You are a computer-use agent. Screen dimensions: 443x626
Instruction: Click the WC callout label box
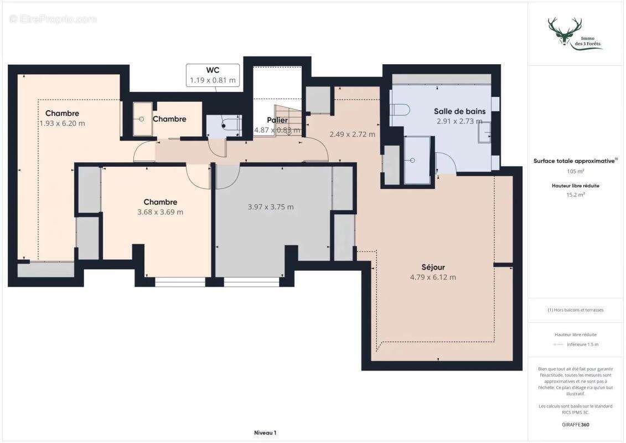pyautogui.click(x=213, y=75)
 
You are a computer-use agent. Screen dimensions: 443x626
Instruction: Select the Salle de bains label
pyautogui.click(x=459, y=111)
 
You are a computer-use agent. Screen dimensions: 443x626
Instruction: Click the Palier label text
pyautogui.click(x=277, y=120)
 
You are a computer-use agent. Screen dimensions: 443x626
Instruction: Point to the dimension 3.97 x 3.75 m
pyautogui.click(x=271, y=207)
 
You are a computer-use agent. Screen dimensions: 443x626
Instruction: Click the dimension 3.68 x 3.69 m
pyautogui.click(x=160, y=212)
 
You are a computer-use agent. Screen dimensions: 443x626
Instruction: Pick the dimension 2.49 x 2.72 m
pyautogui.click(x=352, y=134)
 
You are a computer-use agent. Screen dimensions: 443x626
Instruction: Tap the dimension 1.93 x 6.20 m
pyautogui.click(x=62, y=123)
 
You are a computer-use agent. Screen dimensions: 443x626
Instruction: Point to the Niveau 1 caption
pyautogui.click(x=265, y=432)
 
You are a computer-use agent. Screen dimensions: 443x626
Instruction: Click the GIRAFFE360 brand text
pyautogui.click(x=576, y=425)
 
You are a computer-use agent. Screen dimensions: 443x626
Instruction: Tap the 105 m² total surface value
pyautogui.click(x=576, y=171)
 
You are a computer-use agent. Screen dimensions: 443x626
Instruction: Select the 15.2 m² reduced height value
pyautogui.click(x=576, y=195)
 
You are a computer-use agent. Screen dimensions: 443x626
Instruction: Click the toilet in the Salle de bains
pyautogui.click(x=400, y=109)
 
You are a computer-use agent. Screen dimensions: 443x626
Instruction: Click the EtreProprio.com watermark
pyautogui.click(x=53, y=19)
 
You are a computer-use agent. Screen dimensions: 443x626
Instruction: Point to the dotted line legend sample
pyautogui.click(x=558, y=344)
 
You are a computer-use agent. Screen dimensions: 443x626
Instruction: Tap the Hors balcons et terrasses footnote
pyautogui.click(x=576, y=310)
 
